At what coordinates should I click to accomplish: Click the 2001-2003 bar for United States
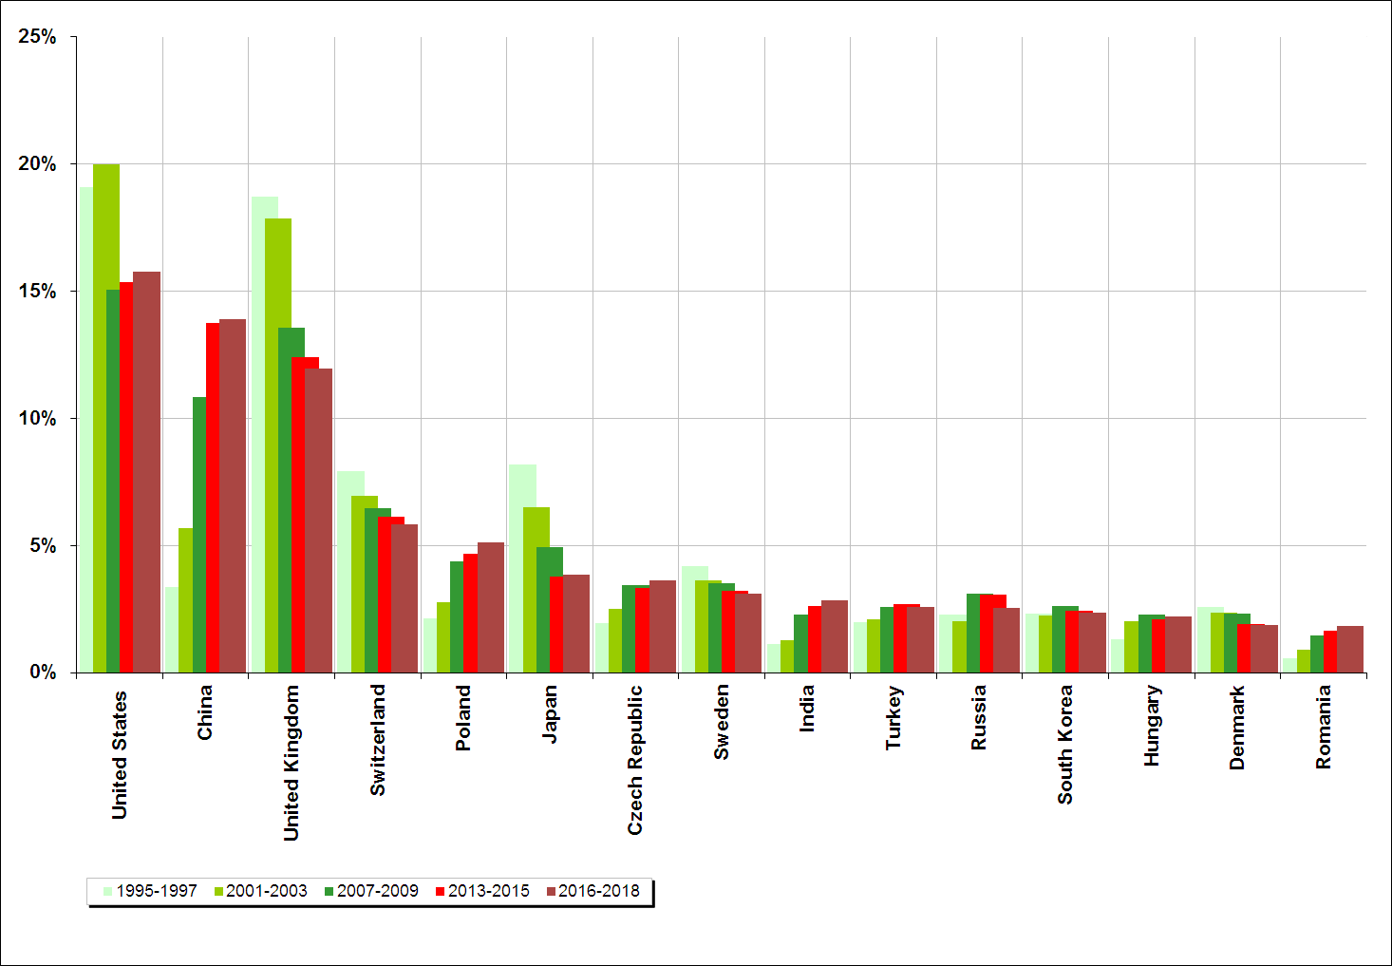(105, 418)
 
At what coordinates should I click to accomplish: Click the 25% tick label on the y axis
(38, 37)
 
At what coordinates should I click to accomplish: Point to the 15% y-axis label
(38, 292)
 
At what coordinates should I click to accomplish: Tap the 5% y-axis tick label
(43, 546)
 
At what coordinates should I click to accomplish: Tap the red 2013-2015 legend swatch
(441, 891)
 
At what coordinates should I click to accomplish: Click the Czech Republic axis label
(635, 760)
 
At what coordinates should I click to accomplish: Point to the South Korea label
(1065, 745)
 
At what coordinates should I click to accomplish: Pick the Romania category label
(1324, 727)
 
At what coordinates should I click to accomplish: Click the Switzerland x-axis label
(378, 740)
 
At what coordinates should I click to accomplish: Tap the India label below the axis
(807, 709)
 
